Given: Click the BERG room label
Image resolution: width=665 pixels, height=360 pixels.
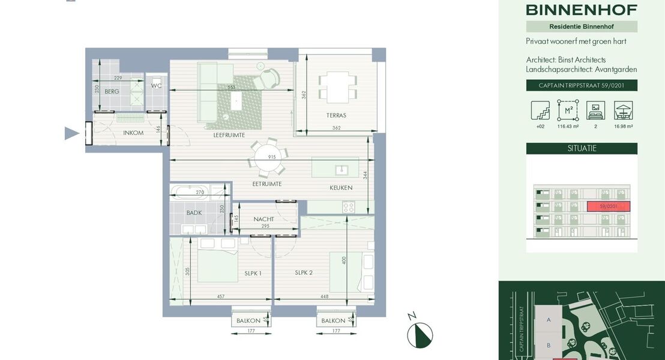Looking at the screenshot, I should (112, 92).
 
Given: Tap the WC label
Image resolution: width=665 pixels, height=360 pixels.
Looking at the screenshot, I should (156, 86).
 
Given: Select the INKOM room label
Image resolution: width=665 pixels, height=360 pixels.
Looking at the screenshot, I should (133, 133).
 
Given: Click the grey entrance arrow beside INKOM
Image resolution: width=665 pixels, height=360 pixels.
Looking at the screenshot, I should (71, 133).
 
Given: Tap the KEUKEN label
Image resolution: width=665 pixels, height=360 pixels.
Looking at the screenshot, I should (341, 188).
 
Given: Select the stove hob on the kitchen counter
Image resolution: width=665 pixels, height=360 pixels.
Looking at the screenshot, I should (348, 207).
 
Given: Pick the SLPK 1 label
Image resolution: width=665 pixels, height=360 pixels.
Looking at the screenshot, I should (253, 273).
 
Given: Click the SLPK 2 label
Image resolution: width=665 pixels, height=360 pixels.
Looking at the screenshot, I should (304, 272).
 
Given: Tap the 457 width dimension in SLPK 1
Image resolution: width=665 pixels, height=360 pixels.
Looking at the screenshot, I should (220, 296).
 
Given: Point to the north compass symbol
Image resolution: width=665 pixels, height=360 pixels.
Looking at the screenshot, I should (420, 334).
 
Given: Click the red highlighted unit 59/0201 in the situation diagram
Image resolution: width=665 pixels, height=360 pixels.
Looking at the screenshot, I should (608, 206).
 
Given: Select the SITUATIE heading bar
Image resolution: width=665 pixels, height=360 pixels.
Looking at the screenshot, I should (582, 148).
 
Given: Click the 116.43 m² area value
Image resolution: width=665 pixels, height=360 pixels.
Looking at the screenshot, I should (567, 127).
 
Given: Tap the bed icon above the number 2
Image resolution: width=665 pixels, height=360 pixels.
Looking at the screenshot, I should (595, 110).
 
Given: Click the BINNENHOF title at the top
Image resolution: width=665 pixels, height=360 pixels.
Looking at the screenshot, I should (582, 10).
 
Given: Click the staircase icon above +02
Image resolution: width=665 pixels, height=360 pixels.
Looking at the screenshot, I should (540, 110).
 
